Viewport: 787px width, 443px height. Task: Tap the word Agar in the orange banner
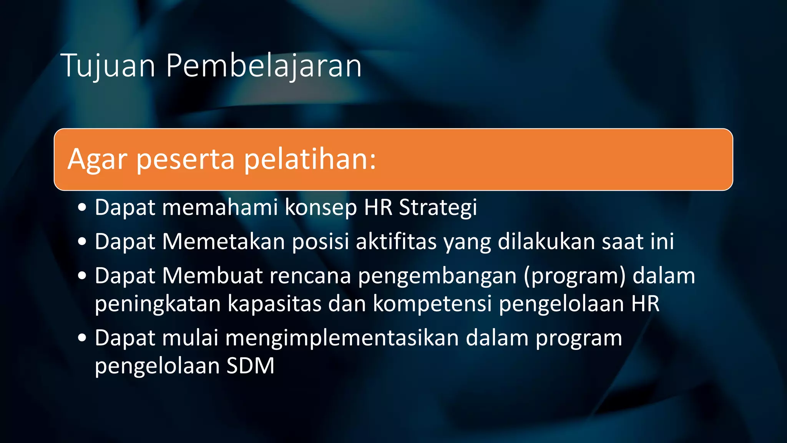click(97, 159)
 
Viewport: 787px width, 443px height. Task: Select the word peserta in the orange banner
click(186, 159)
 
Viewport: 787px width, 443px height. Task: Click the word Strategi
click(438, 208)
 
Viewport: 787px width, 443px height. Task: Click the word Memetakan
click(224, 241)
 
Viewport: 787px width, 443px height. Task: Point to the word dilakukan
click(546, 241)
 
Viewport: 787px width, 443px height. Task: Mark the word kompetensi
click(432, 303)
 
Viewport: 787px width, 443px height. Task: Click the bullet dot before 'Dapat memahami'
click(82, 208)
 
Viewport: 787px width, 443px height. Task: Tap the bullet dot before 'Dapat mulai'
click(82, 338)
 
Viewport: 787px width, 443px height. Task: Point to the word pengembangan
click(437, 276)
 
